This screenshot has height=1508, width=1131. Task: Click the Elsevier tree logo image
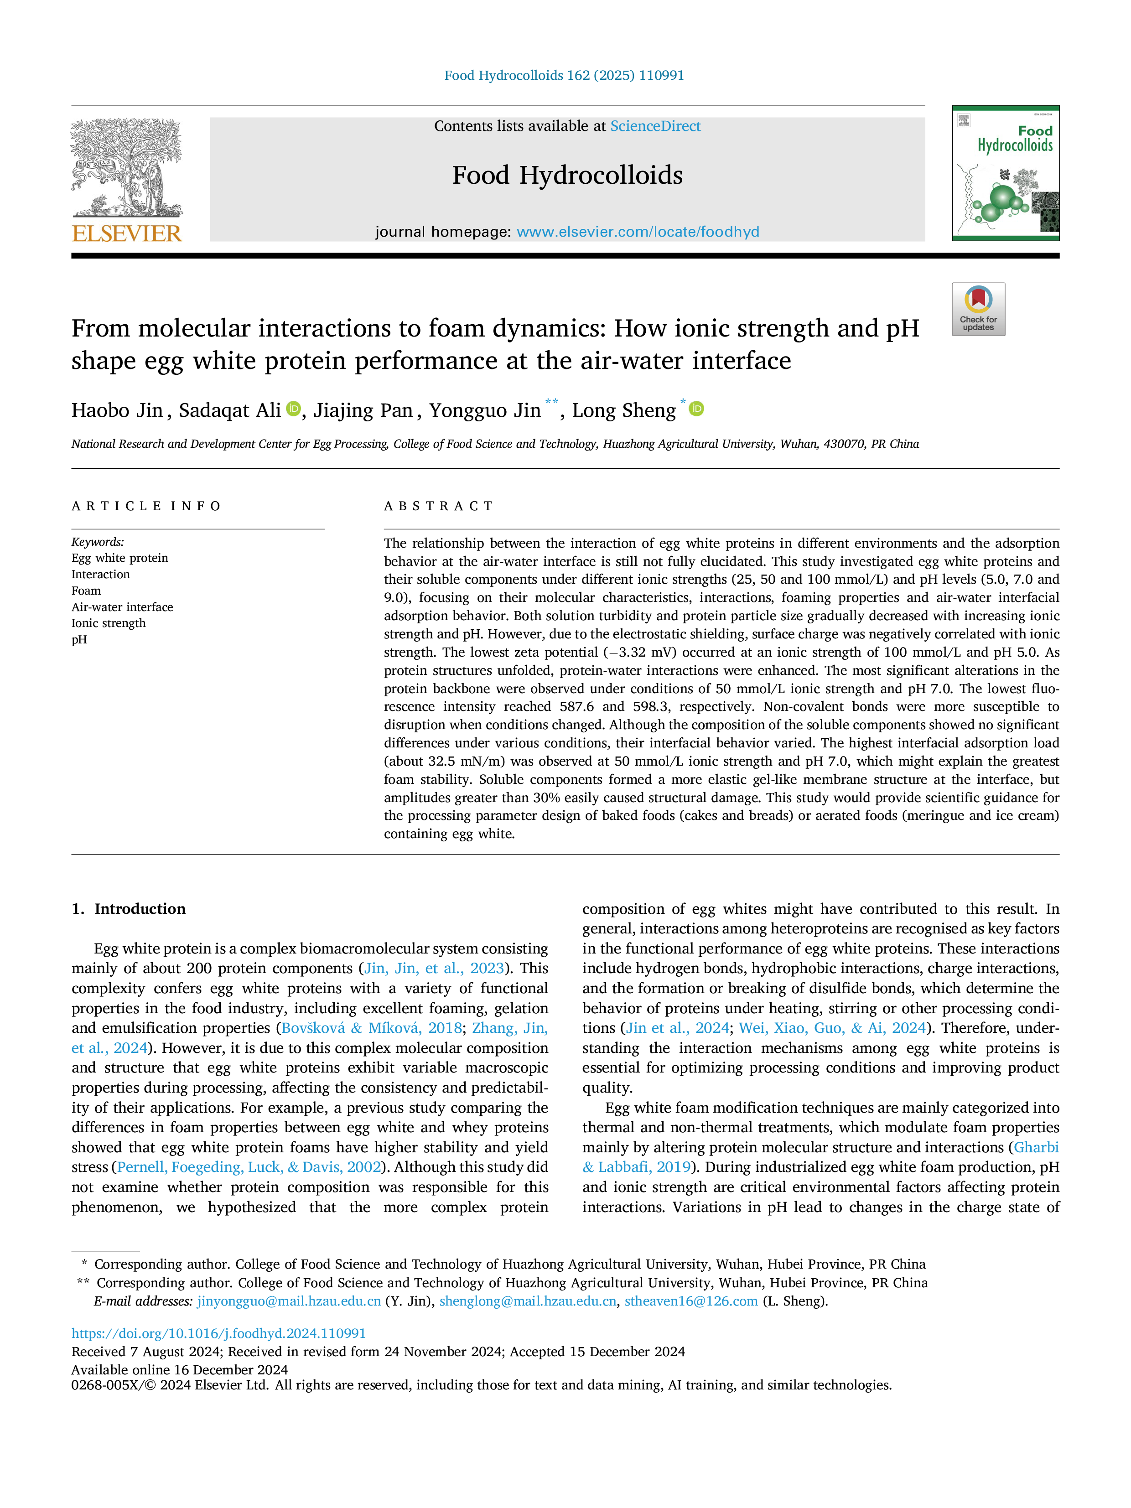point(127,168)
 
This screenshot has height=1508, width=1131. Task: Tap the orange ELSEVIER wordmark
point(127,234)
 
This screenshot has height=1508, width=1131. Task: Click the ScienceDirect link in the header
point(655,126)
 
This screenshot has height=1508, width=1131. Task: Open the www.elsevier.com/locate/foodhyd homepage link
point(638,232)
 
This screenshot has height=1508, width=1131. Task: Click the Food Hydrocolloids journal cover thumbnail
point(1006,173)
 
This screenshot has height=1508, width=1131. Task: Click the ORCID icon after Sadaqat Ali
point(293,409)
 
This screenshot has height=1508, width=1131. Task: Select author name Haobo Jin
point(117,410)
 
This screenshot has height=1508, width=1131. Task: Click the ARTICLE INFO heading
point(146,506)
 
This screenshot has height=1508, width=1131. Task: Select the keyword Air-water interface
point(122,607)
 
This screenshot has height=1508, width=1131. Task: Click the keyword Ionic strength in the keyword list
point(109,623)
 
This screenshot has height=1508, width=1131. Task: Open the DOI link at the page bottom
point(219,1333)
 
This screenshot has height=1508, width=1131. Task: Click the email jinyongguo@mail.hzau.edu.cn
point(289,1301)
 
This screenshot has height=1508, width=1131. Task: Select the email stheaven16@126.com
point(691,1301)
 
